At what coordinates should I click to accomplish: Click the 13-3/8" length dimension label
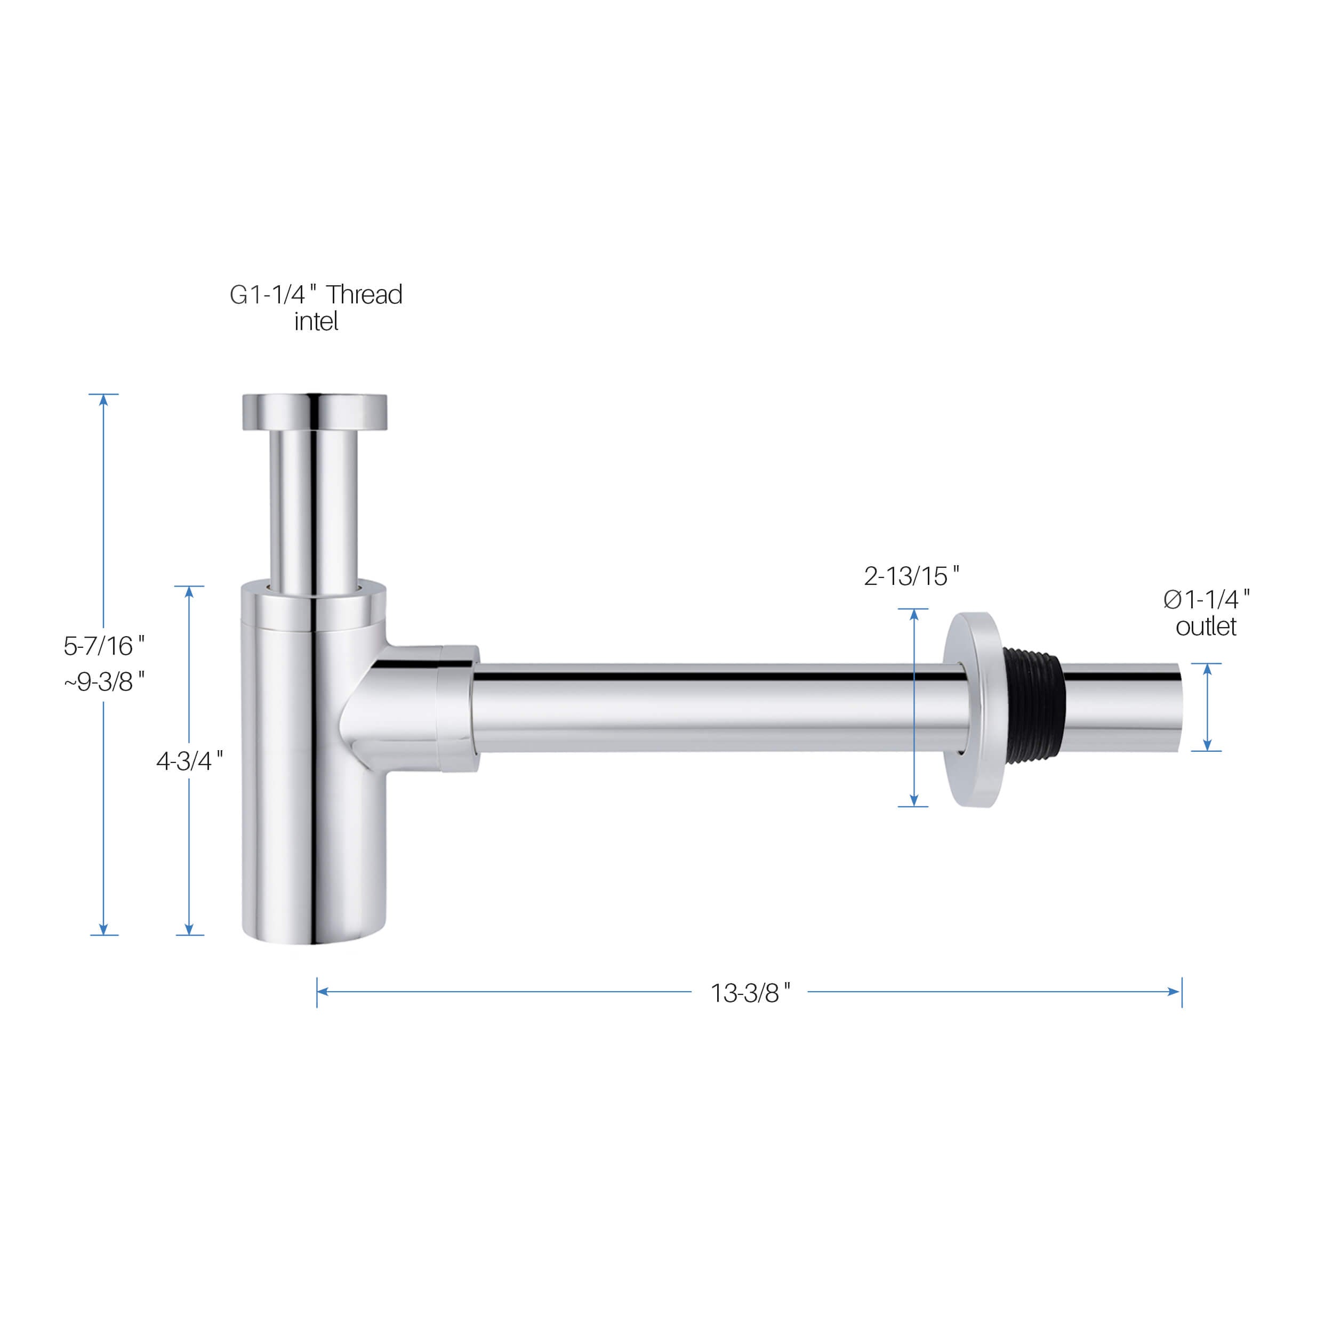click(750, 993)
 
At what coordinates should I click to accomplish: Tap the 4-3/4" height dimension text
click(190, 761)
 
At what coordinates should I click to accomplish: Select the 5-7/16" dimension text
click(104, 646)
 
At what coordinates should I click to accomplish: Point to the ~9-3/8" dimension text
click(104, 681)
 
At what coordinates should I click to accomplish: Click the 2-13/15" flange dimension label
click(911, 576)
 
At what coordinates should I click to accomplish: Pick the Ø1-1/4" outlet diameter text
click(1207, 599)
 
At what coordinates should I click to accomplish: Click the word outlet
click(1206, 627)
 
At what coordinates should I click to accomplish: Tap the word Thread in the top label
click(364, 295)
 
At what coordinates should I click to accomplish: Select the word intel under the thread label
click(316, 322)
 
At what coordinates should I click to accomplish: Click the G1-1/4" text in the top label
click(273, 295)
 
